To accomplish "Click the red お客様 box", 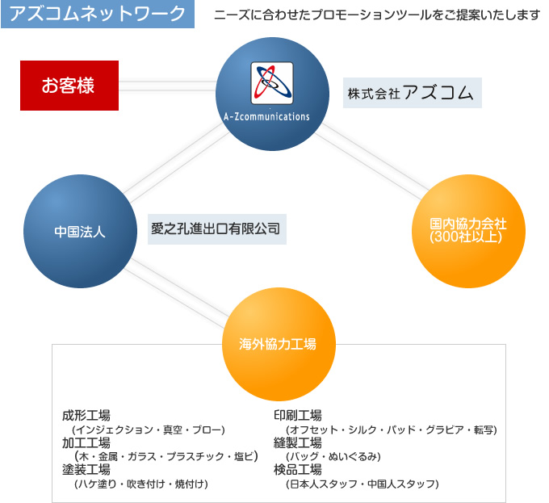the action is point(69,86).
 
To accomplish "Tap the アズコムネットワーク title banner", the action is point(98,14).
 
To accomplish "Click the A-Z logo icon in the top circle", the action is point(272,83).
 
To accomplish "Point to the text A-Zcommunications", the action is point(266,116).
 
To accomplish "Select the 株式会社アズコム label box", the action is point(412,93).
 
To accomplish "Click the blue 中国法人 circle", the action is point(80,232).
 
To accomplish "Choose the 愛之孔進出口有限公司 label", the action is point(217,229).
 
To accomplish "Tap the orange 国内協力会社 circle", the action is point(468,232).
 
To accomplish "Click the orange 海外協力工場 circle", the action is point(279,345).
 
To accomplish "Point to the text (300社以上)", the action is point(466,237).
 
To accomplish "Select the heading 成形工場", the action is point(86,416).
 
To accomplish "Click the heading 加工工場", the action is point(86,442).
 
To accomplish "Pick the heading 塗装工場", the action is point(86,469).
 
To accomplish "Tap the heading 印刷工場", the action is point(298,416).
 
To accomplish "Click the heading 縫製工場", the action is point(298,442).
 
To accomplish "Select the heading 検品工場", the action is point(298,469).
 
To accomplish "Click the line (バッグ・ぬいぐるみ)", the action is point(333,456).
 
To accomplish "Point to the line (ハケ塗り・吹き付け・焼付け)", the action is point(141,484).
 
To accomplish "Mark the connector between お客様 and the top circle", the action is point(167,86).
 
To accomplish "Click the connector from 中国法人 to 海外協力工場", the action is point(178,293).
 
